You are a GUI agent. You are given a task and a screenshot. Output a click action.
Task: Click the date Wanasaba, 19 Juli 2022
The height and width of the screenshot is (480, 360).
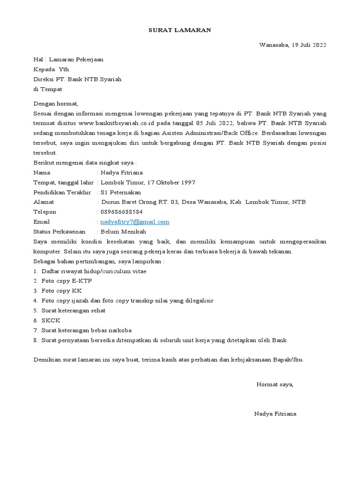tap(292, 45)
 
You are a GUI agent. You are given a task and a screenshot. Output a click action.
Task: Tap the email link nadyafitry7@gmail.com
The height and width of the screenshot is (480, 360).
tap(135, 222)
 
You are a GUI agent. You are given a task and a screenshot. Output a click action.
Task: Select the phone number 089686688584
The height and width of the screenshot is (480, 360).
tap(121, 212)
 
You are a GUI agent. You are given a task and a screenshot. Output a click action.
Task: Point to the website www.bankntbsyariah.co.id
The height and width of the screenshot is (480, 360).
tap(108, 123)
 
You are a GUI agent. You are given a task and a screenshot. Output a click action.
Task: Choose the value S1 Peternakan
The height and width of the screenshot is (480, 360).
tap(120, 192)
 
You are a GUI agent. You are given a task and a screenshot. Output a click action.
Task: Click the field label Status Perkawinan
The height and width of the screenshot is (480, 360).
tap(60, 232)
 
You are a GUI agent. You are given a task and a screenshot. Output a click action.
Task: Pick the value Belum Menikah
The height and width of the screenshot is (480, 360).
tap(123, 232)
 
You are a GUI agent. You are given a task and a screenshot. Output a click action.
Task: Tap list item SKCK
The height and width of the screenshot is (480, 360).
tap(51, 320)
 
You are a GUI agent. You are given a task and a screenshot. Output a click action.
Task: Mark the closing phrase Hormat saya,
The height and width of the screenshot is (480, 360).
tap(275, 384)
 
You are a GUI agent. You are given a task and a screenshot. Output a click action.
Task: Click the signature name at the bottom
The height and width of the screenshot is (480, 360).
tap(275, 414)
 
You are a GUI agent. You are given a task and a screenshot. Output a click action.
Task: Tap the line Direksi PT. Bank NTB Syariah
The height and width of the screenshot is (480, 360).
tap(77, 79)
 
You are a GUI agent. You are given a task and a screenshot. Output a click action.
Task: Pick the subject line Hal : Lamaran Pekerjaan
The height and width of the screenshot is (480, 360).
tap(68, 60)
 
